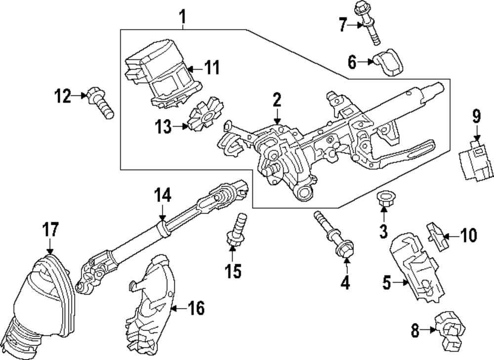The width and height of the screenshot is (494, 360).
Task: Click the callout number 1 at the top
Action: (x=183, y=18)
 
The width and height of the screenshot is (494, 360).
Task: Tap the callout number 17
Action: (x=51, y=230)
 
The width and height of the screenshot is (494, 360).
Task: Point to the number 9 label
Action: (x=476, y=117)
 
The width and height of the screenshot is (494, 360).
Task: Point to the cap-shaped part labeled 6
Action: (x=390, y=63)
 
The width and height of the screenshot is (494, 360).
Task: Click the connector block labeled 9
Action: (x=476, y=163)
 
